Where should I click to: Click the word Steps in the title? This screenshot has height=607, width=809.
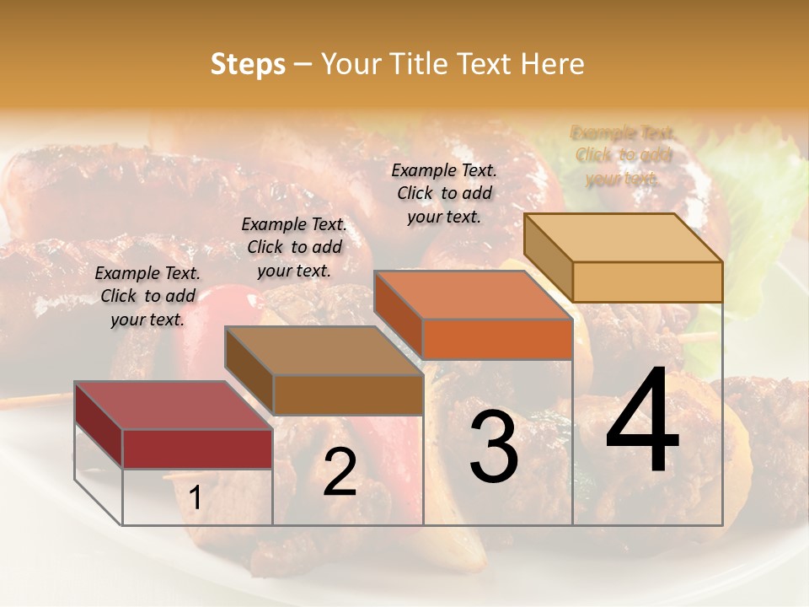coord(248,64)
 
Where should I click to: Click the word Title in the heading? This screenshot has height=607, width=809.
coord(418,64)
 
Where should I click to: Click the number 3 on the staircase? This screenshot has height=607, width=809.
coord(493,449)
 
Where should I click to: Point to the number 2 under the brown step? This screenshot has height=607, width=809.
coord(340,472)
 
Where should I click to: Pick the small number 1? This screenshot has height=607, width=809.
coord(196,498)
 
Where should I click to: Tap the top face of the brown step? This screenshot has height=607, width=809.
coord(324,351)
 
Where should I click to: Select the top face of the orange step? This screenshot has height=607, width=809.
coord(473,295)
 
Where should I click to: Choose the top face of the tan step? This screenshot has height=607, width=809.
coord(623,238)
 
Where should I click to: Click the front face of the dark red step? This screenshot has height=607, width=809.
coord(197,449)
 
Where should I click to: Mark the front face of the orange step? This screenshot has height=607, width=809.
coord(497,339)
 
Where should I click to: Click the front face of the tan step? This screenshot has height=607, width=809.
coord(647,282)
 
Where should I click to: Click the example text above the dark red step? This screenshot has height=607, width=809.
coord(147,296)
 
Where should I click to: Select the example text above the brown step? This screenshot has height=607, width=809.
coord(294,247)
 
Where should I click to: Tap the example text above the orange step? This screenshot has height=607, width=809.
coord(444,193)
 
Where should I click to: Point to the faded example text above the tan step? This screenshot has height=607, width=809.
coord(623,155)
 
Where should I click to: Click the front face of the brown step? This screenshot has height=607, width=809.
coord(347,395)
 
